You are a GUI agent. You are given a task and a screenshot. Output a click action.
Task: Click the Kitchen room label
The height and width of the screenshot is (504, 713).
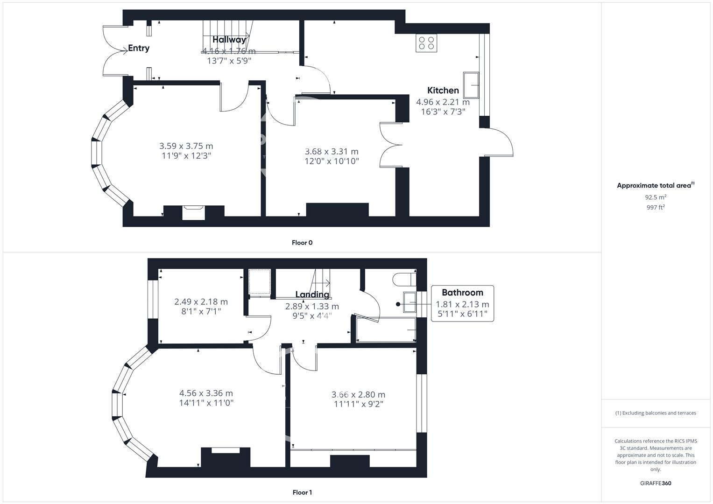443,91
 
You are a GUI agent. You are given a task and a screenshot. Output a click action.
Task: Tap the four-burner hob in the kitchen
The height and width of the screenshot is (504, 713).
426,43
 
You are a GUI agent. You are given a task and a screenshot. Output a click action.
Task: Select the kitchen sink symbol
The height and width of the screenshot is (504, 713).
471,84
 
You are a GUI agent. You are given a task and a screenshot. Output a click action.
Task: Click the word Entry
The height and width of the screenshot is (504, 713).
139,48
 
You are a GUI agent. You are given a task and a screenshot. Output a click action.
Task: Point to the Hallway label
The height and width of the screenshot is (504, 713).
229,40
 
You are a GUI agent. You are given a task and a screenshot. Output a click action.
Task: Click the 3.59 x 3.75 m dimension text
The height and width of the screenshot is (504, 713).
186,146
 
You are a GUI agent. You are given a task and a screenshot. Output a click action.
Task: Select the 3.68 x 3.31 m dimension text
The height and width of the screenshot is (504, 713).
332,151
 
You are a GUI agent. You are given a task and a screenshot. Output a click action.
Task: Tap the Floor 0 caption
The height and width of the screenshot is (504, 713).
302,243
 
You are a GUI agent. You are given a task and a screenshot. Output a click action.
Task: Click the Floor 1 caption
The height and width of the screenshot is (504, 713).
302,492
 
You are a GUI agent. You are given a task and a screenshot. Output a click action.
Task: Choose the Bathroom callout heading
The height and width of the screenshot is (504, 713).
462,293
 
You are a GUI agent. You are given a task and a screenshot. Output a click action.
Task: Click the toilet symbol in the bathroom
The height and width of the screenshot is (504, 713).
404,279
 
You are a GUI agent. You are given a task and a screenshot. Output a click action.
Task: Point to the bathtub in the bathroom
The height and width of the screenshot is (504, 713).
386,329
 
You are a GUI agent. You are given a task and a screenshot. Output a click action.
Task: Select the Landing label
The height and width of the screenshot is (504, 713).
312,294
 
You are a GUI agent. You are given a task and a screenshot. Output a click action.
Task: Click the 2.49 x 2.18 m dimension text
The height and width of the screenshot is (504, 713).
201,301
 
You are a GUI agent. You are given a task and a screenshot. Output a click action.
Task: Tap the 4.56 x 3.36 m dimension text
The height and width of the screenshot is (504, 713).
206,393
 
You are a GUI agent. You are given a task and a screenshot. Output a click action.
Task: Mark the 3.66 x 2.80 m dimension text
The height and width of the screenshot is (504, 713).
358,394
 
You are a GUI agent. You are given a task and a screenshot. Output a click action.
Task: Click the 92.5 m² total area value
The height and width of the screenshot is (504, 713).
656,197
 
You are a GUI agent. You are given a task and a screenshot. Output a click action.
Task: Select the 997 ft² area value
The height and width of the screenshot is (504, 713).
656,207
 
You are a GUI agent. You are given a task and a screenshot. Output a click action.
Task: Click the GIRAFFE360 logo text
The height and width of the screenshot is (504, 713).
656,483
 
